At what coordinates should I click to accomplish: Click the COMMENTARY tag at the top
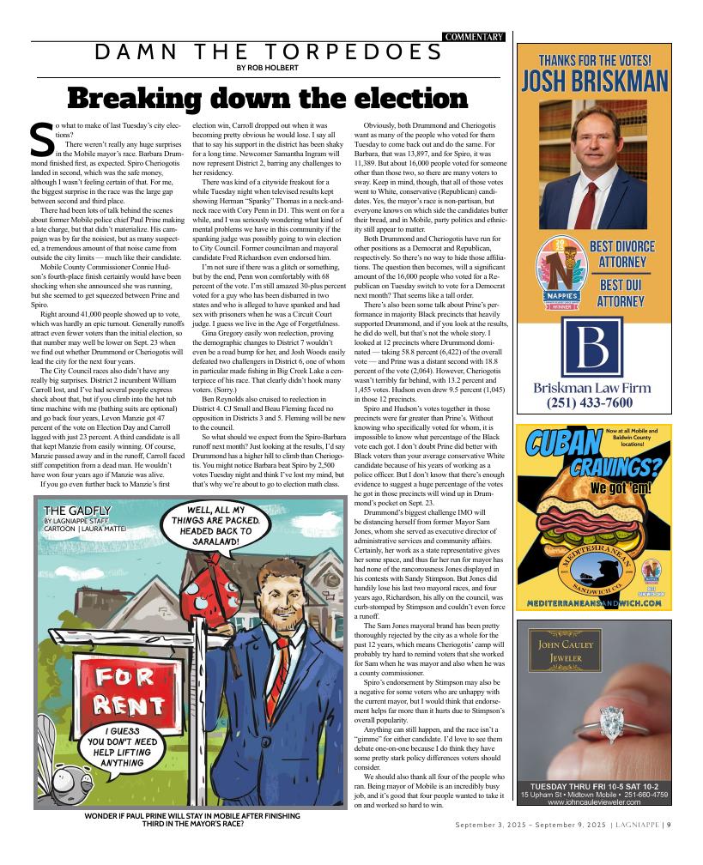[473, 37]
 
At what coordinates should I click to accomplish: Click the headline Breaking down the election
[267, 98]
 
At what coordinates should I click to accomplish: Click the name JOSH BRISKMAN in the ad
[594, 81]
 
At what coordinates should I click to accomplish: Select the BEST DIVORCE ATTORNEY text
[622, 254]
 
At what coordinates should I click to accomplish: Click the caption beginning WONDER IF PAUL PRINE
[192, 820]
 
